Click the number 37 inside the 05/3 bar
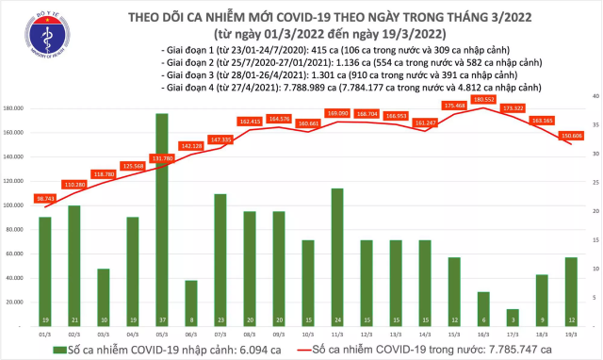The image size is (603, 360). point(162,319)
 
